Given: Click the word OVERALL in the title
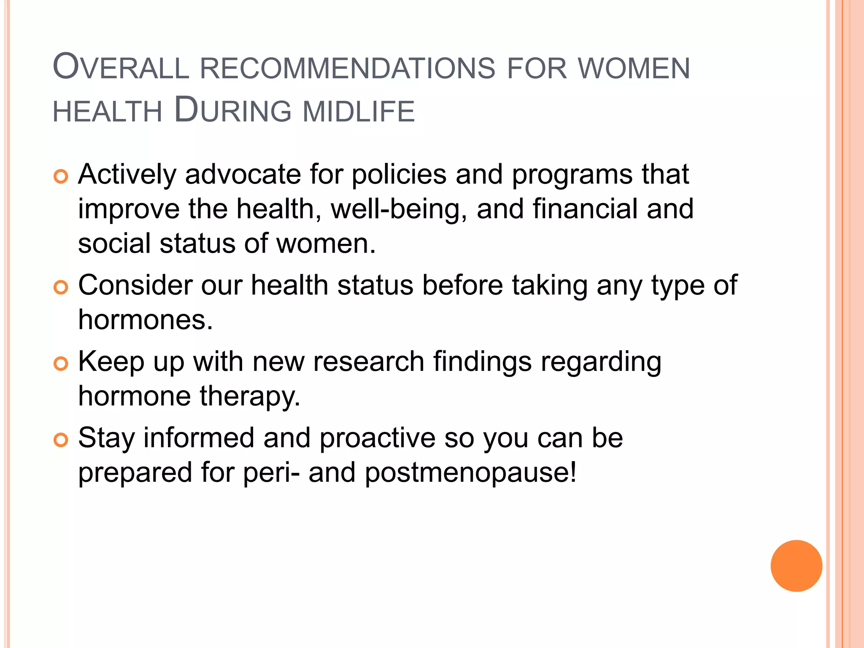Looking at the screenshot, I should tap(121, 67).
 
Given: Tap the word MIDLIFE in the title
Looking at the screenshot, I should tap(359, 111).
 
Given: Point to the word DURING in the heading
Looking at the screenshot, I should tap(232, 111).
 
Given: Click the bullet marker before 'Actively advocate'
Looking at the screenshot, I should tap(61, 177).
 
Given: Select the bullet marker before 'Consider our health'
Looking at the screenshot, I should tap(61, 288).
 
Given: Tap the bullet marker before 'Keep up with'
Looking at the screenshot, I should tap(61, 364).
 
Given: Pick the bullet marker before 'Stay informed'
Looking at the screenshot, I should tap(61, 440).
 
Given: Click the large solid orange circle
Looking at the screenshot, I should tap(796, 566).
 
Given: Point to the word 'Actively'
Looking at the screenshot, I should tap(127, 175).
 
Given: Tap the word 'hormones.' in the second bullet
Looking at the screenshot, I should tap(146, 320).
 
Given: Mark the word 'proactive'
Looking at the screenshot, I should tap(377, 438).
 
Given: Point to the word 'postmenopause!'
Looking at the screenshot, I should tap(470, 473).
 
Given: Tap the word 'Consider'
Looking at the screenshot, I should tap(135, 285).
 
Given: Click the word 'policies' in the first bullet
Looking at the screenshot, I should tap(399, 174).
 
